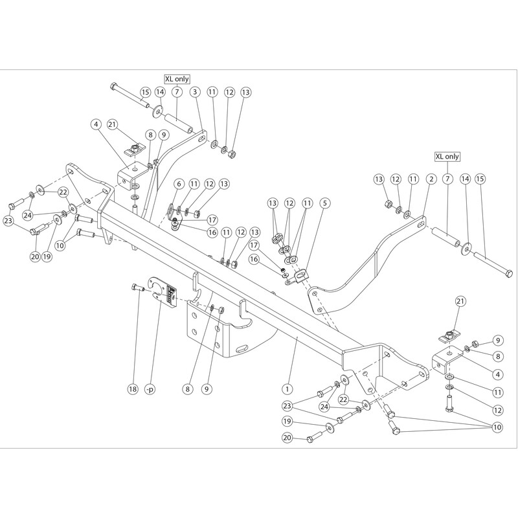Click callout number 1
coord(287,389)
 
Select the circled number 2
coord(431,179)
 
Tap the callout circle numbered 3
coord(195,92)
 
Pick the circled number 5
coord(325,203)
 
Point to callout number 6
coord(179,184)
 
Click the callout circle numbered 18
coord(133,389)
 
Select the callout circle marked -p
coord(150,390)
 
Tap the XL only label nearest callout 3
coord(177,79)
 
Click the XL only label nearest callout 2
coord(447,156)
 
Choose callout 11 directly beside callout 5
coord(308,203)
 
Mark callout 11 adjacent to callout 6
coord(194,184)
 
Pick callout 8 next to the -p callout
coord(188,389)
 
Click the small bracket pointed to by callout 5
coord(299,276)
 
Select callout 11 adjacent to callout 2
coord(413,179)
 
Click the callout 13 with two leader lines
coord(273,203)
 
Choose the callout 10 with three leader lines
coord(497,427)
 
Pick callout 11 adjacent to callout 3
coord(212,92)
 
